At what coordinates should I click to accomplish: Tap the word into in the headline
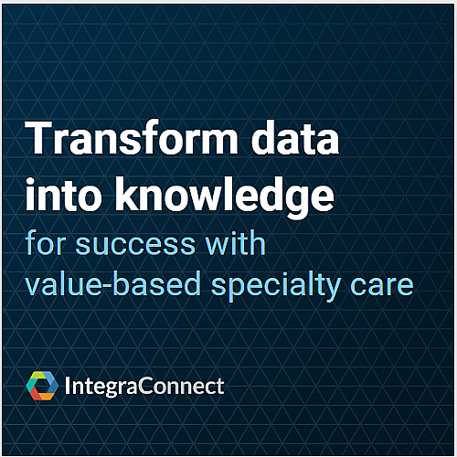tap(62, 195)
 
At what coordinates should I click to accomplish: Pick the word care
tap(386, 285)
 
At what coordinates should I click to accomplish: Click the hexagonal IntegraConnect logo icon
tap(42, 387)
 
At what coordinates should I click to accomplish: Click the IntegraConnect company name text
tap(145, 387)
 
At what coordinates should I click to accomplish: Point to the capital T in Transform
tap(39, 140)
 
